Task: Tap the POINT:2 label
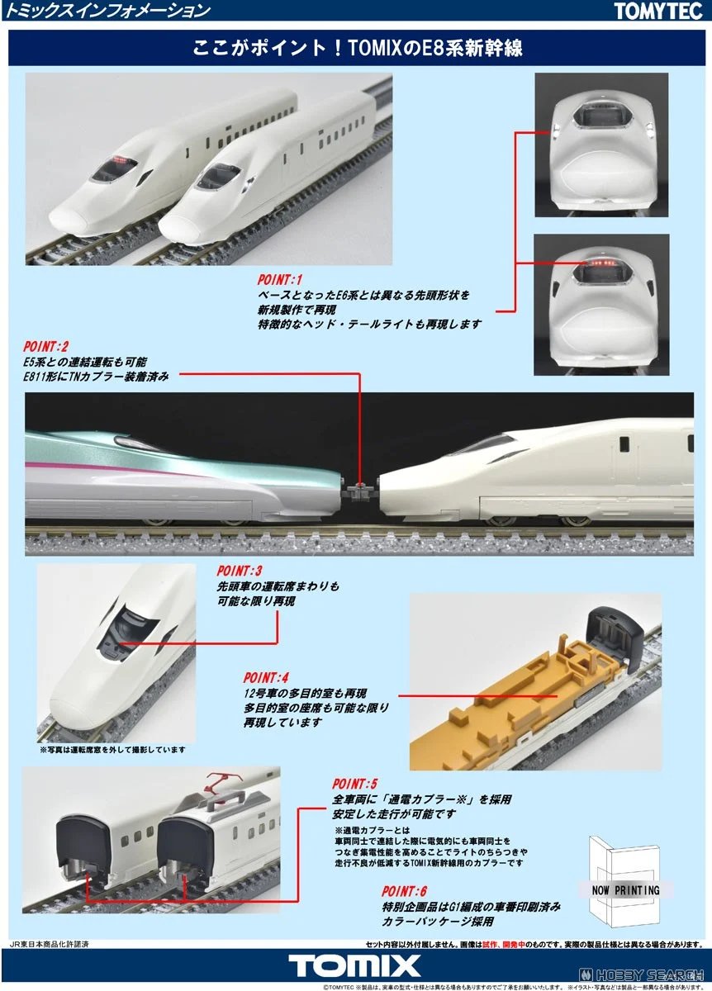49,346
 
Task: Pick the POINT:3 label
240,571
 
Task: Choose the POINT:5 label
355,783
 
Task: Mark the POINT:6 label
405,891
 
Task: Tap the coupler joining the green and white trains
362,490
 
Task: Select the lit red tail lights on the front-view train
600,263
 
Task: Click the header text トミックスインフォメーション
107,11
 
